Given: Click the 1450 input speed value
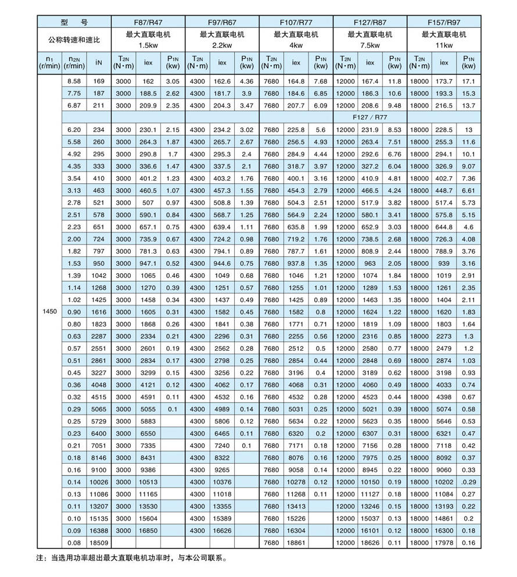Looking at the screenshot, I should pos(49,312).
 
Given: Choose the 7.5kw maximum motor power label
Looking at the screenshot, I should pos(370,44).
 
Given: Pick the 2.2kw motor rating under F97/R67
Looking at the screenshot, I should pos(222,44).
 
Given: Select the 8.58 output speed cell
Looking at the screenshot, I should pos(74,82).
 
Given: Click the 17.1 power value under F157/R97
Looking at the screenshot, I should pos(469,82).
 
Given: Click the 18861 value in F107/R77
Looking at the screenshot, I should pos(296,543).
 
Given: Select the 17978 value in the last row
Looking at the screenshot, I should pos(444,543).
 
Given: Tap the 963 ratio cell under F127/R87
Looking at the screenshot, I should pos(370,263).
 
